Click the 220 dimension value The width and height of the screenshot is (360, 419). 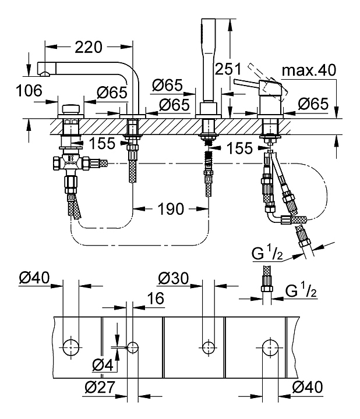[89, 47]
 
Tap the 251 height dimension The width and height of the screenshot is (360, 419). [228, 69]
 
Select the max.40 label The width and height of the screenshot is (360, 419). [309, 70]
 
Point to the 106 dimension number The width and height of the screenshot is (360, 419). [29, 91]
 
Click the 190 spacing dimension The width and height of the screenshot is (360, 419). [171, 209]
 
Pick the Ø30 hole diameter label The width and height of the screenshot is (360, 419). [174, 278]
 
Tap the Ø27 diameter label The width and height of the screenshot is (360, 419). [100, 386]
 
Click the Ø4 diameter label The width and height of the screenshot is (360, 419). [103, 365]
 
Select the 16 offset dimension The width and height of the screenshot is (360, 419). [156, 298]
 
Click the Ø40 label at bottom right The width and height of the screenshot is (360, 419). [308, 386]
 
